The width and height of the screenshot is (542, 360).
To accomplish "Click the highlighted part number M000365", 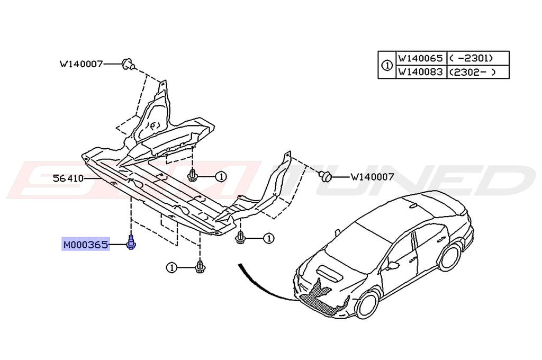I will tap(85, 245).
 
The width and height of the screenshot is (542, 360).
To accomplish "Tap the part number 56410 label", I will tap(68, 178).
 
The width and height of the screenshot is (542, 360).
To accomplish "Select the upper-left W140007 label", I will tap(81, 65).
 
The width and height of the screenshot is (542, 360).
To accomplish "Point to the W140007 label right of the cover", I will tap(372, 177).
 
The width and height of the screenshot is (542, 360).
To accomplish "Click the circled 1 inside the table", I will tap(386, 65).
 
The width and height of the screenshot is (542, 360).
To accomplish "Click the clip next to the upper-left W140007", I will tap(128, 64).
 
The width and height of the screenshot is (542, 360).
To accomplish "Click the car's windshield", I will tap(355, 241).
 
